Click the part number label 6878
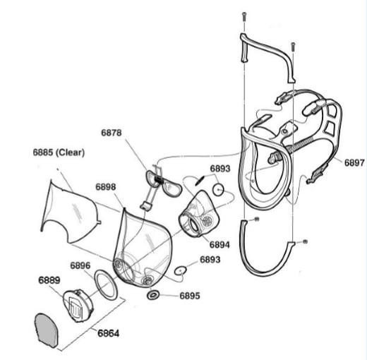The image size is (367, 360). click(112, 133)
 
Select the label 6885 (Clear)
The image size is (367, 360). click(59, 152)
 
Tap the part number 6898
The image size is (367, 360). click(106, 187)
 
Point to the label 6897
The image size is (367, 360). click(354, 162)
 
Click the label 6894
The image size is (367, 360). click(219, 245)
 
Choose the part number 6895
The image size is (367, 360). click(190, 296)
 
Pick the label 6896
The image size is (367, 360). click(80, 265)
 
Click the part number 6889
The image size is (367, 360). click(49, 280)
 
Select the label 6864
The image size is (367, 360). click(109, 333)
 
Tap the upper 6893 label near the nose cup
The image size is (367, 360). click(220, 169)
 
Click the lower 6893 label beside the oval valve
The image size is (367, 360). click(210, 260)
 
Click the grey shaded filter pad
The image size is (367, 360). click(47, 330)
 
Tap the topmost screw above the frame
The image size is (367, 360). click(244, 17)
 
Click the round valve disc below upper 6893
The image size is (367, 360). click(219, 189)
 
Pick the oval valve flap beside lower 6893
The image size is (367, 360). click(181, 270)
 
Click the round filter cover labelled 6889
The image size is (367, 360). click(78, 306)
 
